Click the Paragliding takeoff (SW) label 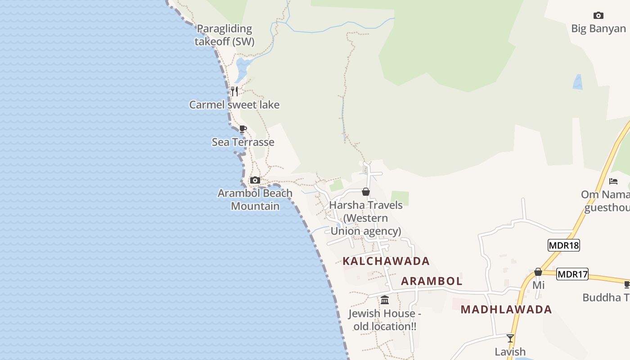click(224, 35)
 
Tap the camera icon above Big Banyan click(598, 16)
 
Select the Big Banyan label click(598, 29)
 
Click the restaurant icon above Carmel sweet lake click(234, 91)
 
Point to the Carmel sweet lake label click(234, 105)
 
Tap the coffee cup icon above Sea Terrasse click(243, 129)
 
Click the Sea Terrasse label click(243, 142)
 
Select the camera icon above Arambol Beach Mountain click(255, 180)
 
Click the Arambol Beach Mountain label click(255, 200)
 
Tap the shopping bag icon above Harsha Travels click(366, 192)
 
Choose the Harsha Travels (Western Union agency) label click(366, 218)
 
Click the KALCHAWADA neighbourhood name click(386, 261)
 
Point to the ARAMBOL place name click(432, 281)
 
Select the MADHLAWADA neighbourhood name click(506, 310)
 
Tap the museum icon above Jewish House click(385, 300)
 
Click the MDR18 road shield click(563, 245)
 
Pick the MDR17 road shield click(572, 274)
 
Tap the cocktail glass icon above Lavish click(510, 338)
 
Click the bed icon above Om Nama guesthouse click(613, 181)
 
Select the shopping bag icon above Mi click(538, 272)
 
